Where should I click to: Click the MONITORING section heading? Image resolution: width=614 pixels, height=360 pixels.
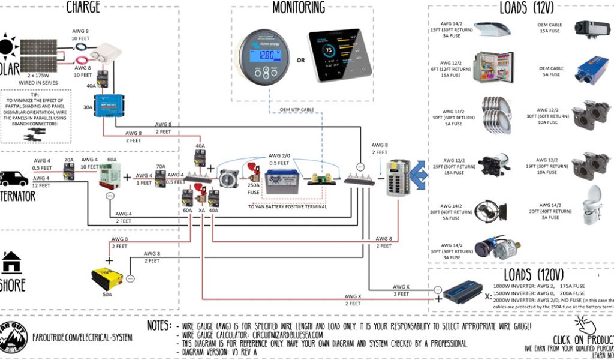click(298, 8)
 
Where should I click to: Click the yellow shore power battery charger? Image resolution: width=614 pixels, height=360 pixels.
click(107, 278)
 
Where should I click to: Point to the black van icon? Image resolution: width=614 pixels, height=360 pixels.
click(14, 178)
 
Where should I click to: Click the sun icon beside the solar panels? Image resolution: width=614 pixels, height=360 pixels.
click(7, 47)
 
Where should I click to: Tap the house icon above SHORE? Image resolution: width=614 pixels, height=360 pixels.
click(11, 262)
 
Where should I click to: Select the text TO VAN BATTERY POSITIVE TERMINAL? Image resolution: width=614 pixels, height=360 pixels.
click(287, 206)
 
